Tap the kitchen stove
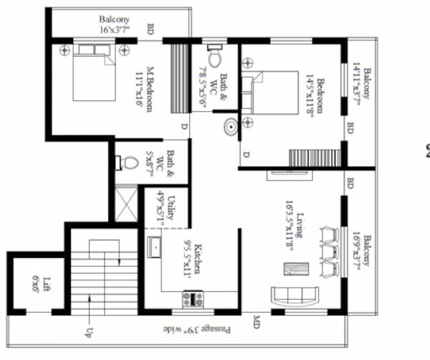tap(192, 298)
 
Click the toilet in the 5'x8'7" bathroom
tap(129, 163)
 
